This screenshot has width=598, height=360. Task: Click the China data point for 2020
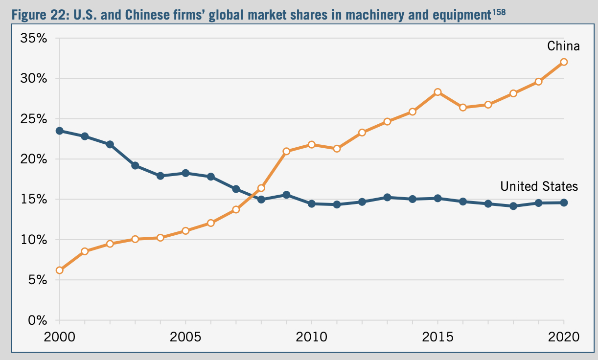tap(564, 62)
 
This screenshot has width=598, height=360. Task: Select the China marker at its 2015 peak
tap(437, 92)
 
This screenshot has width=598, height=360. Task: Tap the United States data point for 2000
tap(60, 131)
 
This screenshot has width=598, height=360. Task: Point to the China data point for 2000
tap(60, 270)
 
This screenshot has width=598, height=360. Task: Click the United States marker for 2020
tap(564, 202)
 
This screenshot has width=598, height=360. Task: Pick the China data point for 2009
tap(286, 151)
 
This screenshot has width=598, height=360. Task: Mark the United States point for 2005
tap(185, 173)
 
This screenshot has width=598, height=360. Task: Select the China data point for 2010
tap(312, 145)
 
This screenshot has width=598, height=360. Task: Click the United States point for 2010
tap(312, 203)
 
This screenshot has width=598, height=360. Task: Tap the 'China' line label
tap(563, 46)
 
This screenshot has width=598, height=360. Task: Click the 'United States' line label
tap(539, 186)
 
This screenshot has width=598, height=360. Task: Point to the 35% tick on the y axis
tap(33, 39)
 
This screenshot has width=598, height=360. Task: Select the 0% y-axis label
tap(37, 321)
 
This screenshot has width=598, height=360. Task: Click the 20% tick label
tap(33, 159)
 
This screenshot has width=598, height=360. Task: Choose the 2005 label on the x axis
tap(185, 337)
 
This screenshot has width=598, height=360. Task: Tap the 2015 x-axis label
tap(437, 337)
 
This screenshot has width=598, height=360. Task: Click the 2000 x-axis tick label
tap(60, 337)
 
